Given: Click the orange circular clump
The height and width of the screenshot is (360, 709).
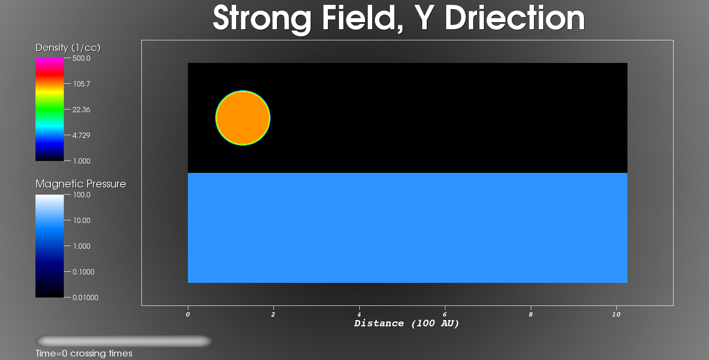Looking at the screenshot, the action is [243, 118].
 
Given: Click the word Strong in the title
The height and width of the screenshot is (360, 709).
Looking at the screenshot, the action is [262, 19].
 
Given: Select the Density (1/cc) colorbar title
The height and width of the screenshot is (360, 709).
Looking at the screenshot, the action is [68, 48].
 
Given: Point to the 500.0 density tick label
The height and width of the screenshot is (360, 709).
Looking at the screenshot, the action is [82, 58].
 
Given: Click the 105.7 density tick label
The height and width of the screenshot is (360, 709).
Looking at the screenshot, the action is [82, 84].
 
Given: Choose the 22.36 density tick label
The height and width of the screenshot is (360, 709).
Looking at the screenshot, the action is [82, 110].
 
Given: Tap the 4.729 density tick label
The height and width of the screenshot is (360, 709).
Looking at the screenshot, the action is [82, 135].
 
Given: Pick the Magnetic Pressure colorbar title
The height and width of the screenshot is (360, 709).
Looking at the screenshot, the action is [81, 184].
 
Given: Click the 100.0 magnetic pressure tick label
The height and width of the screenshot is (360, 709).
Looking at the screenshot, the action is [82, 195].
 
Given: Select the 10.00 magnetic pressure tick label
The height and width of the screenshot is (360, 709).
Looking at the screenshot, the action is [82, 220].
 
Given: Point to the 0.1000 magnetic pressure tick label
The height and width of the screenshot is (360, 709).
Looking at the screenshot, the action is [84, 272].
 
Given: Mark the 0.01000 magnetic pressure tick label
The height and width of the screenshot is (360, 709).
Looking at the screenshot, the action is [86, 297].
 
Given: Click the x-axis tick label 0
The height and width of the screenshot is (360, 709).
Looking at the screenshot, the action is [188, 314].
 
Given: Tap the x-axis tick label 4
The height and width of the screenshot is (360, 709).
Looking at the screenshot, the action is [359, 314].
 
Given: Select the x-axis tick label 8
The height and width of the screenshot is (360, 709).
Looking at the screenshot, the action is [530, 314].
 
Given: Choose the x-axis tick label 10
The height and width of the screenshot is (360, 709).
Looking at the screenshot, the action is [616, 314].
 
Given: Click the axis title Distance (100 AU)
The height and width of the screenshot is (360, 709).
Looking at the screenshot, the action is [406, 324].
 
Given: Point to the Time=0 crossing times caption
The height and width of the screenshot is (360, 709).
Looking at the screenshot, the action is [84, 353].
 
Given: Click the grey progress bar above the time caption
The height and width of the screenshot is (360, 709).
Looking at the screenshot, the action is [124, 341].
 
